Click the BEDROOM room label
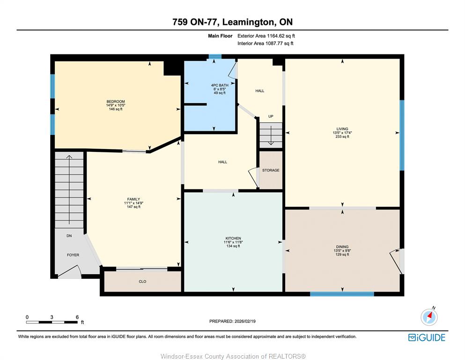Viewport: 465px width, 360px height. coord(116,102)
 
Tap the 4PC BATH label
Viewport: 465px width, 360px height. coord(220,85)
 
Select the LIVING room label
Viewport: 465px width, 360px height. coord(342,129)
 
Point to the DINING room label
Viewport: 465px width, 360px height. coord(342,247)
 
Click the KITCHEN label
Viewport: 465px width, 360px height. coord(233,238)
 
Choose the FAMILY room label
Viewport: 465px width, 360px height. coord(133,199)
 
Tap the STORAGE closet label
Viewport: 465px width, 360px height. coord(271,170)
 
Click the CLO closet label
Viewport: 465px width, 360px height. coord(142,281)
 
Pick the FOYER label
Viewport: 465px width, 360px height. coord(73,255)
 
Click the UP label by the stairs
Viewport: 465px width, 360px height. coord(271,116)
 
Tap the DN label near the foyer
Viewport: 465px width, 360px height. coord(69,236)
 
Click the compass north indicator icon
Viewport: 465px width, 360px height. coord(429,316)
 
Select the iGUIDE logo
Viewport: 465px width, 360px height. coord(427,337)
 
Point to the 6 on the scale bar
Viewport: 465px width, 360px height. coord(77,317)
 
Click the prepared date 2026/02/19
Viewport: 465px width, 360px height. coord(245,321)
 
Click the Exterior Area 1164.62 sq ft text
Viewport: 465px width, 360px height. coord(266,36)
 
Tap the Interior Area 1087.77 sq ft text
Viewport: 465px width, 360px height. coord(266,43)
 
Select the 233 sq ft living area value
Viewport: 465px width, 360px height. coord(342,137)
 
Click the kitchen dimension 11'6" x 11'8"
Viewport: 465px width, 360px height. coord(233,242)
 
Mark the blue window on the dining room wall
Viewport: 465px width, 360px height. coord(342,294)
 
